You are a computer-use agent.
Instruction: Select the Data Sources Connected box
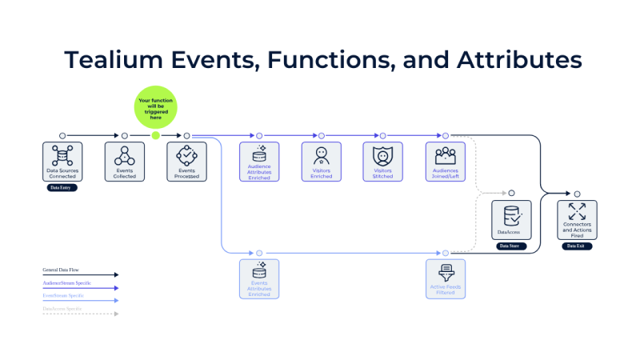[x=62, y=162]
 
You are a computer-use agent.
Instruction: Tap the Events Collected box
[x=125, y=162]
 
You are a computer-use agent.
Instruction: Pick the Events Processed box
[x=186, y=162]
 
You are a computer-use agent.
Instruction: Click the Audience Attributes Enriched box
[x=259, y=162]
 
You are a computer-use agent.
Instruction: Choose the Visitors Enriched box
[x=322, y=162]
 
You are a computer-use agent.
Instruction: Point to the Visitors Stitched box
[x=383, y=162]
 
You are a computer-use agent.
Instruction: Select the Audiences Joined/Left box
[x=445, y=162]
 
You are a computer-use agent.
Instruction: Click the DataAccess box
[x=510, y=220]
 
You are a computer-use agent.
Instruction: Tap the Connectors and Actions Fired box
[x=577, y=220]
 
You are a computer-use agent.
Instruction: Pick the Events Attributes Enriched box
[x=259, y=278]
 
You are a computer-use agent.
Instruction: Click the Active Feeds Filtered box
[x=446, y=278]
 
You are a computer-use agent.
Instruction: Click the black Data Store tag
[x=510, y=246]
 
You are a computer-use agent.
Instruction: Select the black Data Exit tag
[x=576, y=246]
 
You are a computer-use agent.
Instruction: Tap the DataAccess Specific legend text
[x=64, y=308]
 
